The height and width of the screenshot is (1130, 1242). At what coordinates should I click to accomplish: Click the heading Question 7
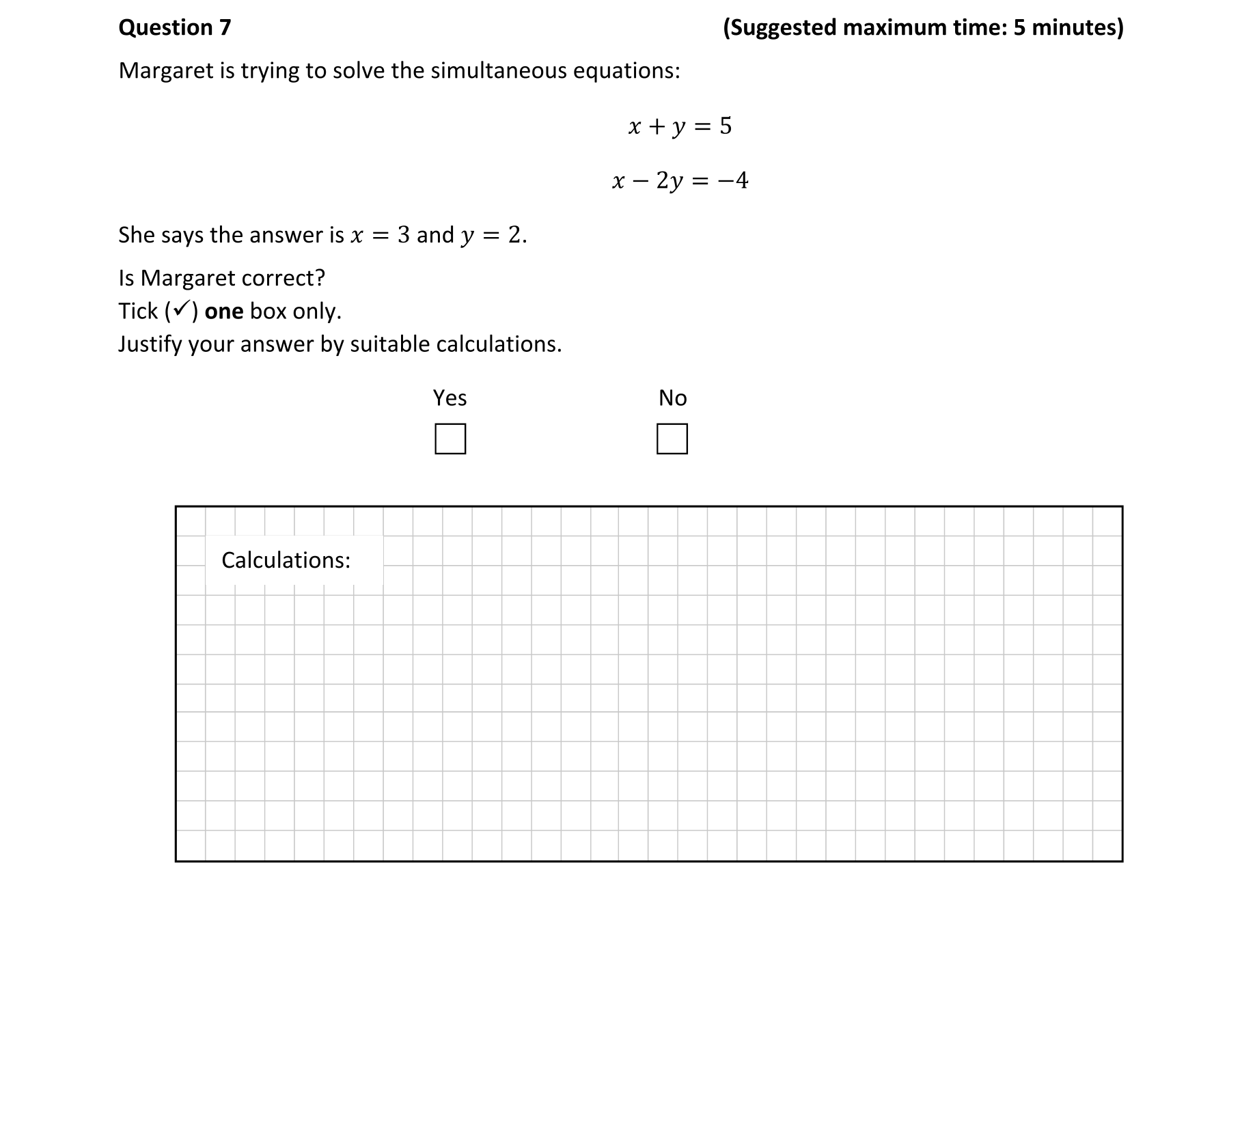(x=175, y=27)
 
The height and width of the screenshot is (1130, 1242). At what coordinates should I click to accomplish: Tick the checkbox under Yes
(x=450, y=439)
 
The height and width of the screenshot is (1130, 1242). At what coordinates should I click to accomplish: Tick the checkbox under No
(x=672, y=439)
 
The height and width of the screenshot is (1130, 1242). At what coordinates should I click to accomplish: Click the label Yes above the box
(x=450, y=398)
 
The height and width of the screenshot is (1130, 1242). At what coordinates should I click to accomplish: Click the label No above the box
(x=672, y=398)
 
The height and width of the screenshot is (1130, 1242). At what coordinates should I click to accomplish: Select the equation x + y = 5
(x=680, y=126)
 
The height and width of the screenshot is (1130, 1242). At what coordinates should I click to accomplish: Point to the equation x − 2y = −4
(x=680, y=181)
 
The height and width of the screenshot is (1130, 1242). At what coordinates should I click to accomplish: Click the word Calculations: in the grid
(x=286, y=560)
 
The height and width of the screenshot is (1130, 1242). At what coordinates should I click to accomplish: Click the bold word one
(x=224, y=312)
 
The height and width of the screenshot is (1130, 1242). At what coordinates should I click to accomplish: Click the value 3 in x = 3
(x=404, y=235)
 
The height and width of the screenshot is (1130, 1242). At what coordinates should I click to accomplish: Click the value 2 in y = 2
(x=514, y=235)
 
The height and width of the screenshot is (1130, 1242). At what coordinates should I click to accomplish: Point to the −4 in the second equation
(x=733, y=181)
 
